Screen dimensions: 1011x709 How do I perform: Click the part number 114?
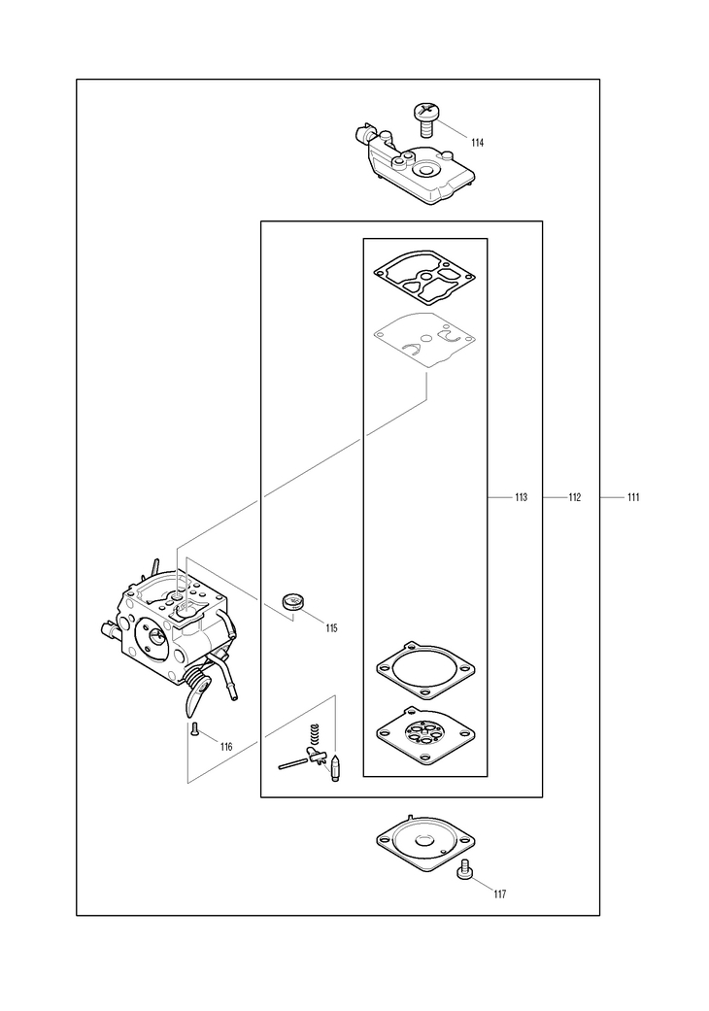coord(478,143)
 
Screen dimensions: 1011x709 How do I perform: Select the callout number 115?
coord(332,628)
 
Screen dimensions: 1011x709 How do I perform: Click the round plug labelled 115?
coord(292,602)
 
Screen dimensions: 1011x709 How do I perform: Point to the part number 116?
coord(226,747)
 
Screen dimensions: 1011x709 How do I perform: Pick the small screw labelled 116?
coord(194,730)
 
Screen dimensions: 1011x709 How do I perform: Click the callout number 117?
coord(499,893)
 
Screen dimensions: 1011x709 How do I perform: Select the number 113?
coord(521,497)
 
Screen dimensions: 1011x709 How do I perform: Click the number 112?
coord(574,497)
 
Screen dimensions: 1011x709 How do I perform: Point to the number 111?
coord(632,497)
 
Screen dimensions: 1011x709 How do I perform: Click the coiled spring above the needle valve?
coord(314,737)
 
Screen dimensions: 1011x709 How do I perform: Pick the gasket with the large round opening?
coord(424,669)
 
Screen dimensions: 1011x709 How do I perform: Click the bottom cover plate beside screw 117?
coord(424,841)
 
